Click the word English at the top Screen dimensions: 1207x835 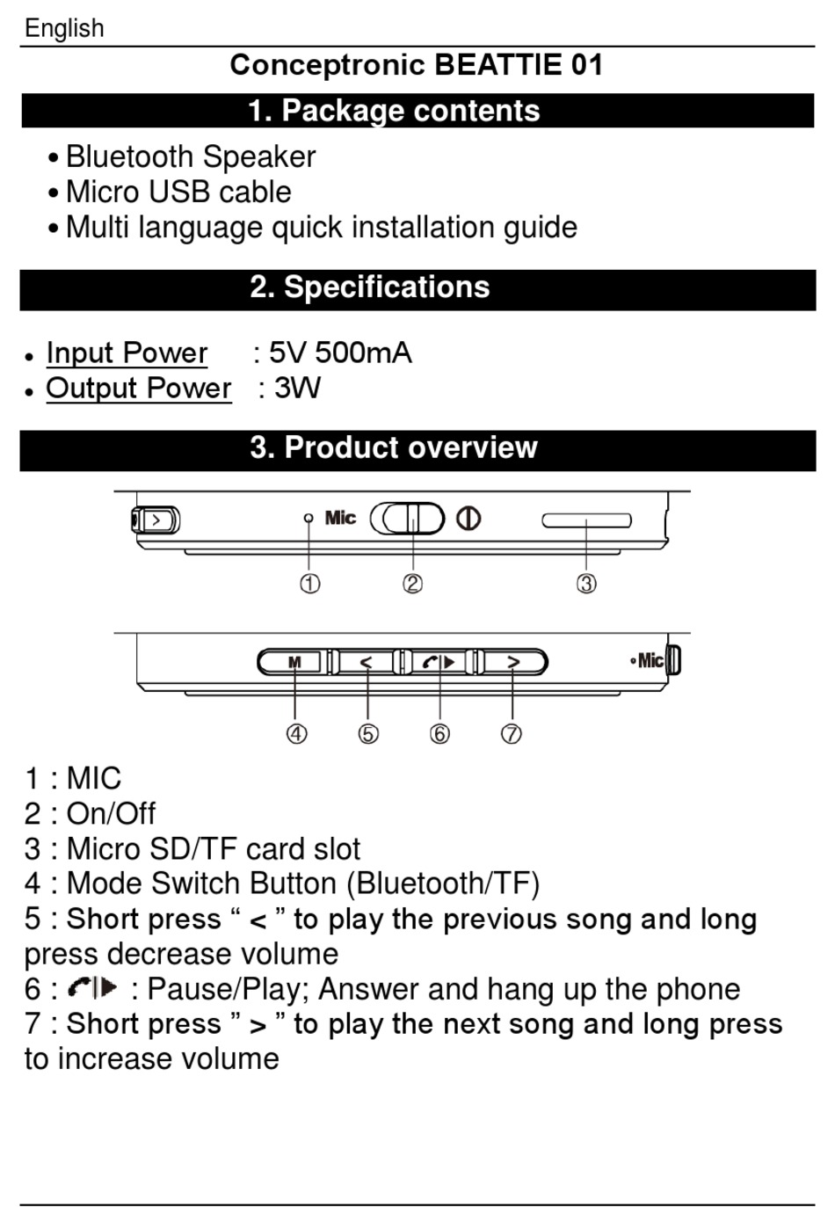coord(64,28)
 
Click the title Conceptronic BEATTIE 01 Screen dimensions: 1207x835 coord(417,65)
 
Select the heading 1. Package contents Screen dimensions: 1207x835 coord(394,111)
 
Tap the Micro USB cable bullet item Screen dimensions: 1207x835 coord(178,192)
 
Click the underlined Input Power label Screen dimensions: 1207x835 coord(127,353)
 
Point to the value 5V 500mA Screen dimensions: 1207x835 coord(340,353)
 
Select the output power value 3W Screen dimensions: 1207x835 coord(298,388)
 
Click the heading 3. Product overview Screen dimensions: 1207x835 coord(394,447)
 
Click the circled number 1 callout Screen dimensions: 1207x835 coord(309,584)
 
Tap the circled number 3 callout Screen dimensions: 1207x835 coord(586,584)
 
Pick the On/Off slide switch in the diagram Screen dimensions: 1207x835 coord(408,519)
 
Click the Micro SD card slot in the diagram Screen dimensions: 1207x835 coord(586,520)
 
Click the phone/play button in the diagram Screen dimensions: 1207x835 coord(439,662)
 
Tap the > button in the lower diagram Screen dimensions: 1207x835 coord(513,662)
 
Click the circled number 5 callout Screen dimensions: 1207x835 coord(368,733)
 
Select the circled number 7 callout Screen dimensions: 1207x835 coord(512,733)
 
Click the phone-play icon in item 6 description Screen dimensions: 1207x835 coord(92,988)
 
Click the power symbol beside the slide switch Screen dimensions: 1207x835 coord(468,519)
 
